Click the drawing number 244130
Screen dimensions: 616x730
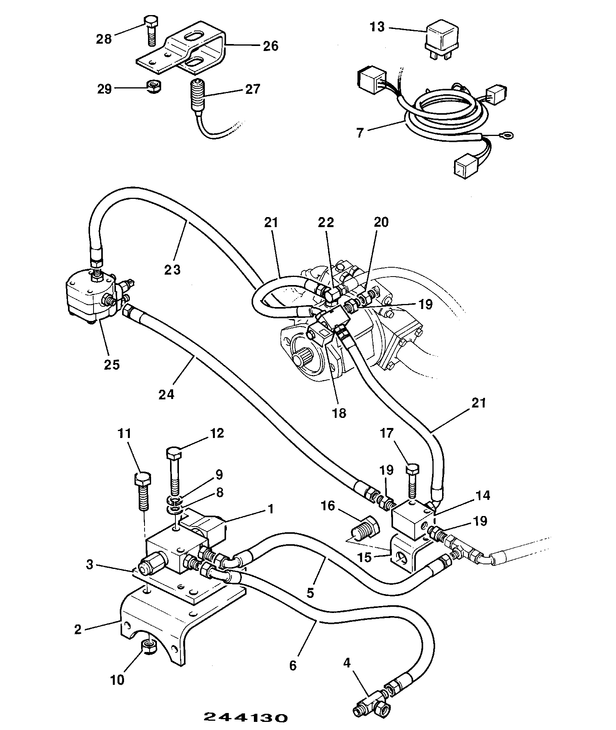[245, 717]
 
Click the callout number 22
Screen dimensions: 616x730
[326, 222]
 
